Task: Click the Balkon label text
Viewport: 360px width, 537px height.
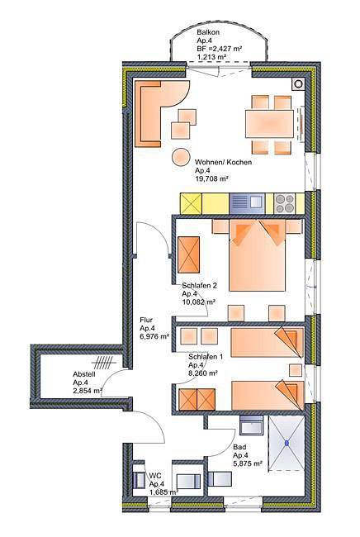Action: (x=208, y=32)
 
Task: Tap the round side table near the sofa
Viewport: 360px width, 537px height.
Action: (x=180, y=157)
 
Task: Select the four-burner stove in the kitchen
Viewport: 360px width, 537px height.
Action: (x=286, y=204)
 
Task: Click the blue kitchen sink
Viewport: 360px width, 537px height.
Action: (x=247, y=204)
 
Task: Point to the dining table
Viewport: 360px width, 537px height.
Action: (x=270, y=124)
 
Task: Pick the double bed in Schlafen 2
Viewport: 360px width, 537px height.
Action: (x=258, y=255)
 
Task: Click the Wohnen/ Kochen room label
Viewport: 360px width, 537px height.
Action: (x=223, y=162)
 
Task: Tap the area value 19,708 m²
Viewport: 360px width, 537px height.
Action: (x=211, y=178)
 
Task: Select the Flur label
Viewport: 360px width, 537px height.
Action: (x=146, y=320)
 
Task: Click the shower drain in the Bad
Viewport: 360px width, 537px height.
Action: (x=287, y=443)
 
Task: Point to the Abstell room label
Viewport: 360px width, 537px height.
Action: (x=84, y=374)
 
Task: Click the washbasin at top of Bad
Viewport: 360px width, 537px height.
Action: (x=252, y=425)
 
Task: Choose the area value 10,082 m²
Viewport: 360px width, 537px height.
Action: (x=198, y=302)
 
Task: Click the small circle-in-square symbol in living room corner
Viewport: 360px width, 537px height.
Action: (x=298, y=83)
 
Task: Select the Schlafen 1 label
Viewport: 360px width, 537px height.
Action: (x=206, y=357)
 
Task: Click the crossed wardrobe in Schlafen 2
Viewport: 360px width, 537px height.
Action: (x=189, y=254)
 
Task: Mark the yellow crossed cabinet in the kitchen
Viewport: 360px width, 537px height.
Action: (x=191, y=204)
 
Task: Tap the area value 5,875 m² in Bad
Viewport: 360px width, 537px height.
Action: (x=248, y=463)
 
